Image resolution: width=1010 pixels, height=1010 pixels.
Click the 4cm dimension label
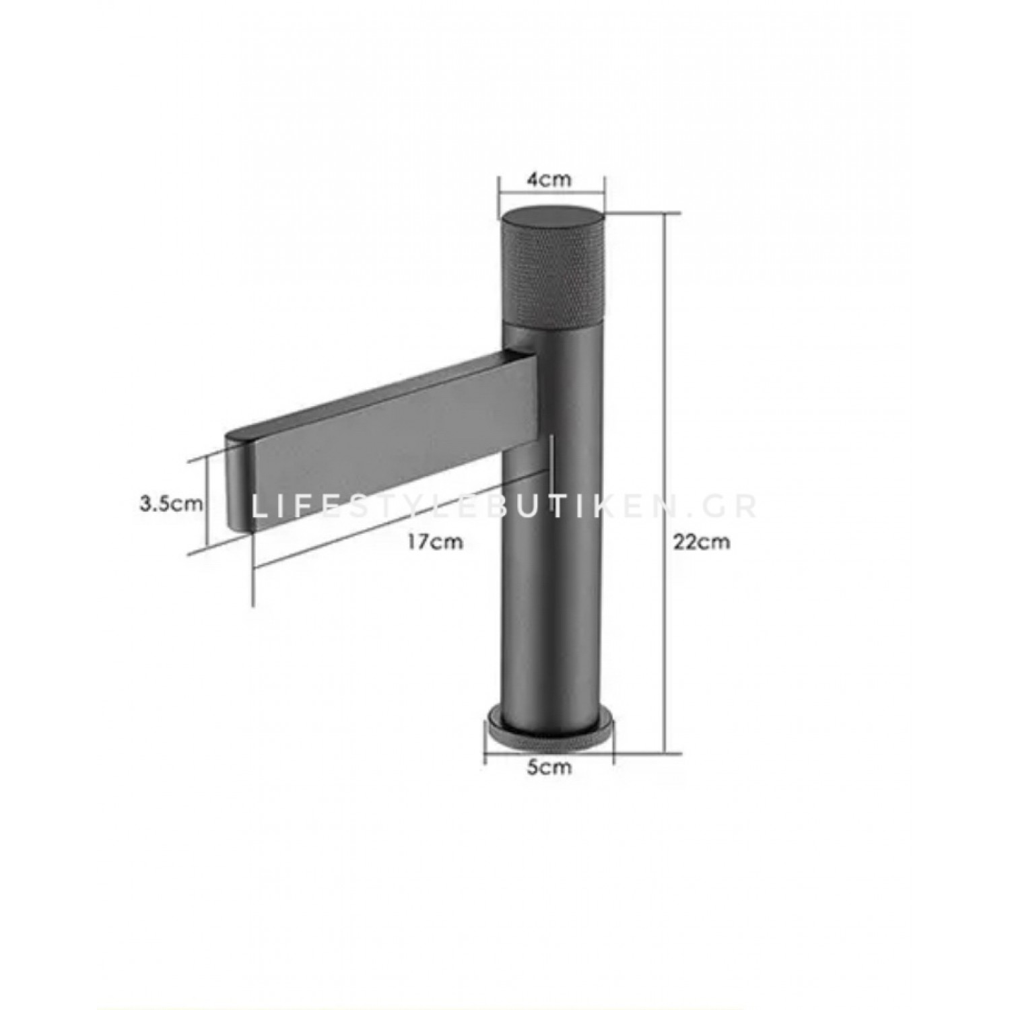549,180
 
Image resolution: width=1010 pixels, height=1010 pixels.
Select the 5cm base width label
549,767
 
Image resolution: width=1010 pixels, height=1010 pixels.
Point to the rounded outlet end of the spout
239,481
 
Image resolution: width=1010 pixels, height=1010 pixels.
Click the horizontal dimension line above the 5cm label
549,749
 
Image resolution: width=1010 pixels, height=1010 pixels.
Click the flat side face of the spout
391,444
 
